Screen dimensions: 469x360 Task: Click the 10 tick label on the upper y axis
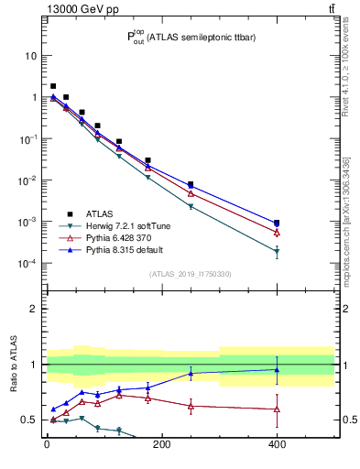tap(30, 56)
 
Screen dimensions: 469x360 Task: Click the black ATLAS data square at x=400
tap(277, 223)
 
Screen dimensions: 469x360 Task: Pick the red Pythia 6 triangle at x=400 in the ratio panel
tap(277, 409)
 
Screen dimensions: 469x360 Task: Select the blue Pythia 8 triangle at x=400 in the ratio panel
tap(277, 370)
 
